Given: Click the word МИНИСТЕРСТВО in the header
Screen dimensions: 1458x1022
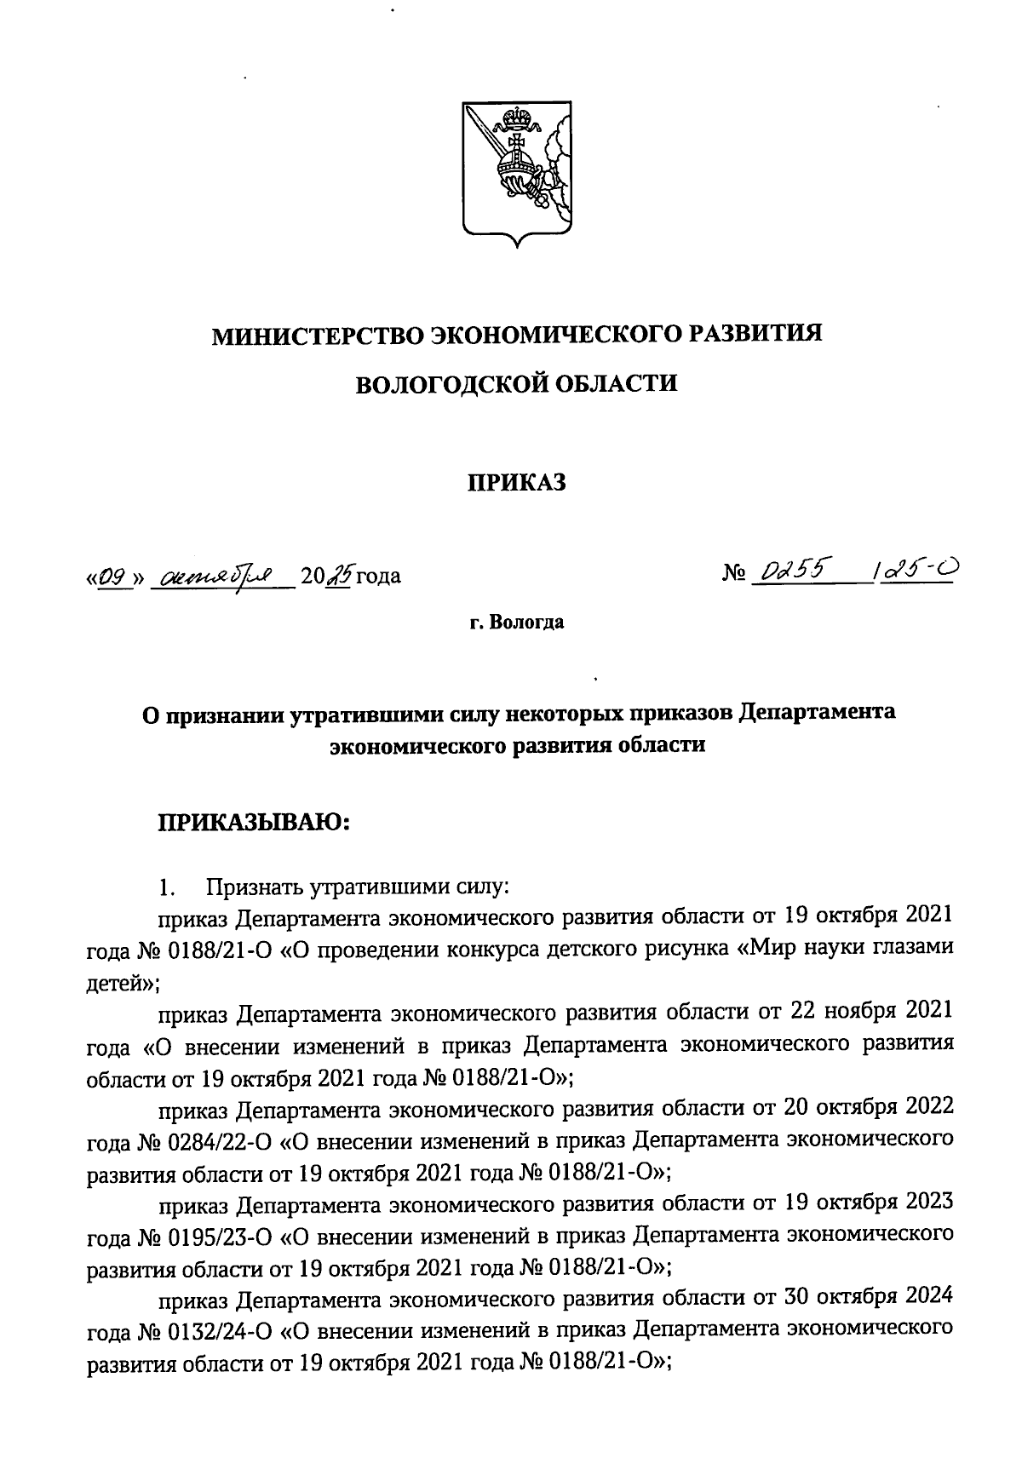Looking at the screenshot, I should pos(315,334).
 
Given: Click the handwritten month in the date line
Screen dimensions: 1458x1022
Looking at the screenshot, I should pos(221,577).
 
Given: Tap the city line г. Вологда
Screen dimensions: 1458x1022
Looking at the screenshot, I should pos(516,623).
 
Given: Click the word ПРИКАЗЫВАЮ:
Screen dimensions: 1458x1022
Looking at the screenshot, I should pos(252,824).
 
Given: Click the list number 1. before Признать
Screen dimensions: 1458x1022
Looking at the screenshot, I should pos(166,888).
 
